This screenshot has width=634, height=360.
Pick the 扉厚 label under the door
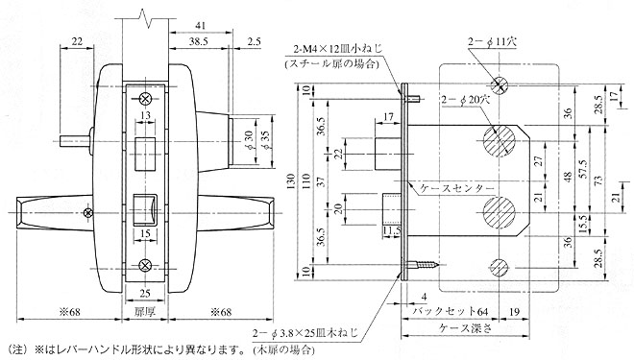coord(144,313)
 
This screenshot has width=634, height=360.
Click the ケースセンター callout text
coord(456,187)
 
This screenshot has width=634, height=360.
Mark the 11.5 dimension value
coord(393,231)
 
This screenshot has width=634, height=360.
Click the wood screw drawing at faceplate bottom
coord(424,263)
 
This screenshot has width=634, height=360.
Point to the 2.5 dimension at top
coord(252,42)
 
